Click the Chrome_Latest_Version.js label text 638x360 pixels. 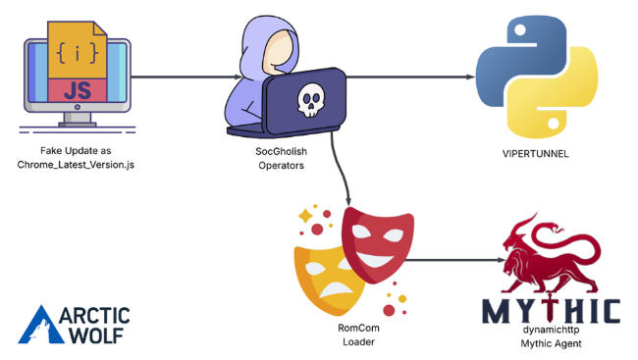coord(76,163)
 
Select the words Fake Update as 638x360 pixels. coord(76,150)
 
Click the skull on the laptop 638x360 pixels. coord(309,99)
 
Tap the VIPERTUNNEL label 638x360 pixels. coord(534,154)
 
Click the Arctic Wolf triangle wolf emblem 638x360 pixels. coord(40,325)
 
